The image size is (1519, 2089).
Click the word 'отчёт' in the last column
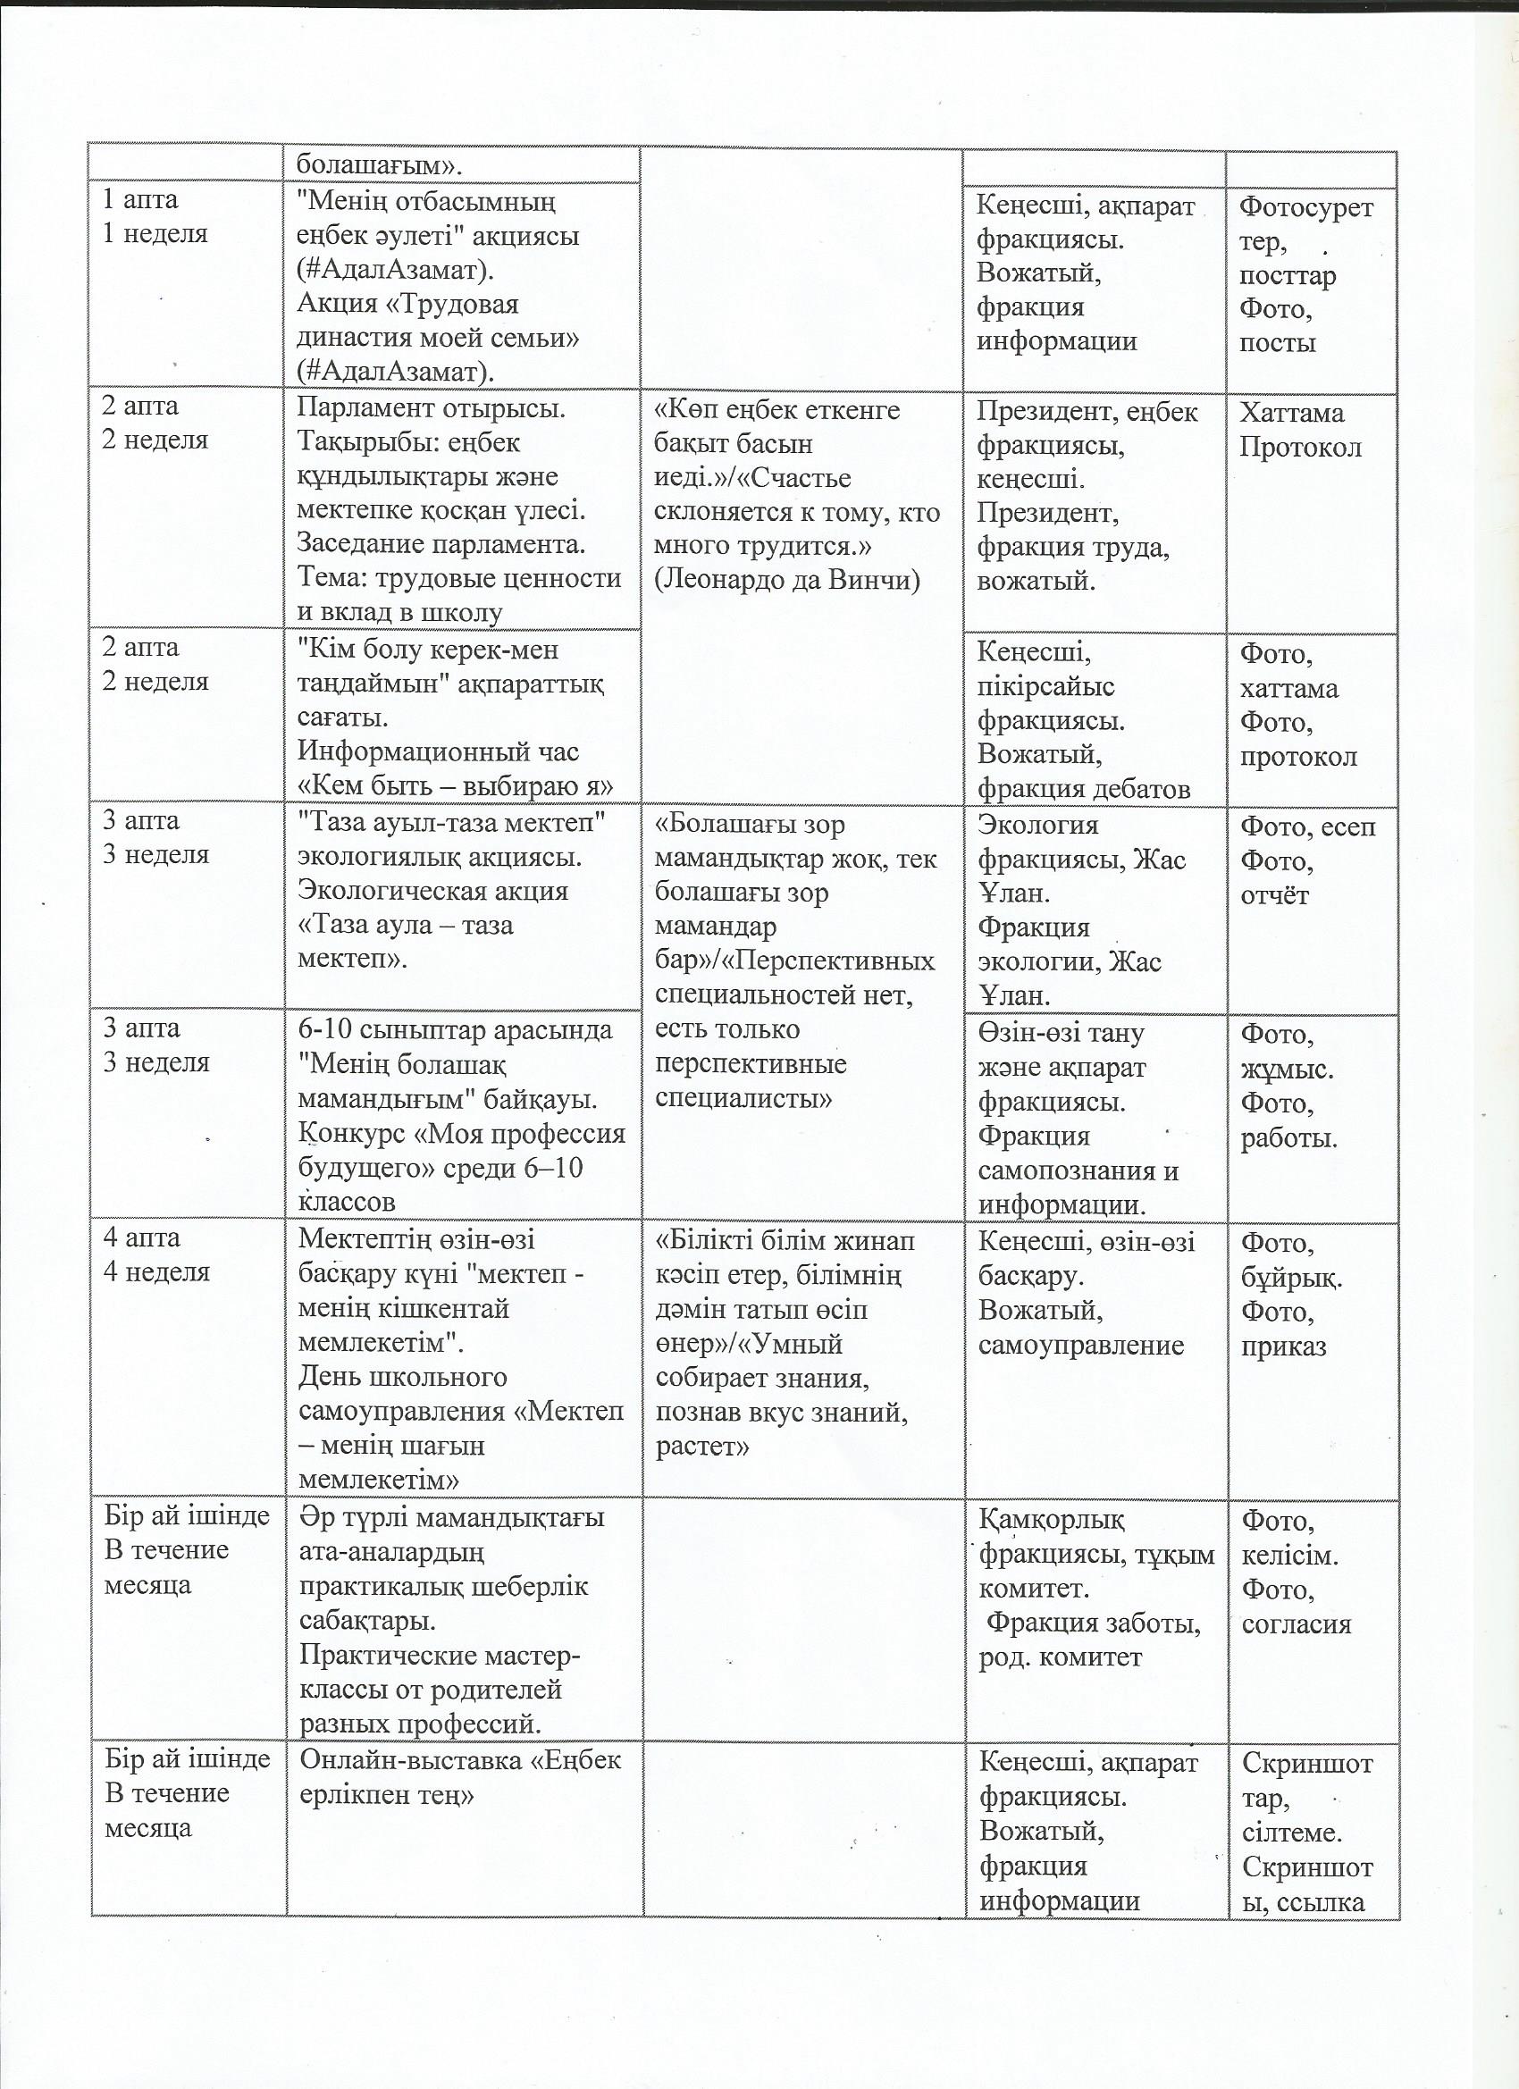point(1274,895)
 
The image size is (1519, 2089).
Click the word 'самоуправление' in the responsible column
point(1080,1345)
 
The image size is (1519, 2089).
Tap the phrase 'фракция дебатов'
point(1084,788)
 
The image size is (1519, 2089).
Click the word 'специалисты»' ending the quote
point(743,1099)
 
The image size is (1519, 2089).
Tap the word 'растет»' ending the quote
point(702,1446)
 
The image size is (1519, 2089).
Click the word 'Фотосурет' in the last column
point(1306,207)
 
